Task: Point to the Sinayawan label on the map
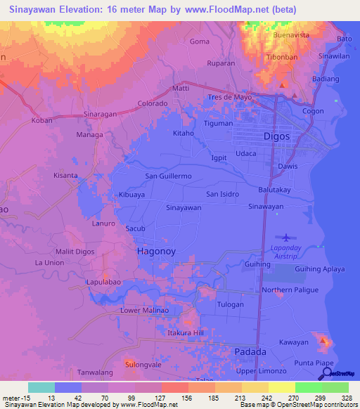184,208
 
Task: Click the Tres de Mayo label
229,97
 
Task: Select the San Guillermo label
169,176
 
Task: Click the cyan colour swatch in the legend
41,387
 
